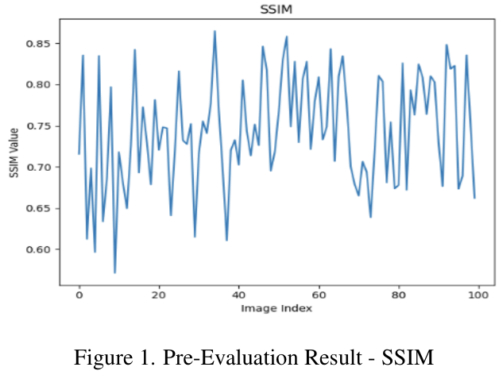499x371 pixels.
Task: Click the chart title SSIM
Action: pos(277,9)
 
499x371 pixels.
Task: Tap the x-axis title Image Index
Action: pos(277,308)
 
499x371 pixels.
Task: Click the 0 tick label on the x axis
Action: pos(79,294)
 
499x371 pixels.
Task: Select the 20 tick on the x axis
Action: pos(158,294)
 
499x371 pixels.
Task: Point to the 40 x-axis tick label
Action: pos(238,294)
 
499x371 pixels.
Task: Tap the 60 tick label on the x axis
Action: pos(318,294)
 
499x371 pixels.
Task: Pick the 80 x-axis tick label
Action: pos(398,294)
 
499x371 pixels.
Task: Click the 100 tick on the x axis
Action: pos(478,294)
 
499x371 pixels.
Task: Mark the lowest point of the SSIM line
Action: pos(114,272)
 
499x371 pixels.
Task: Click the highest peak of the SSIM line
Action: pos(215,32)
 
